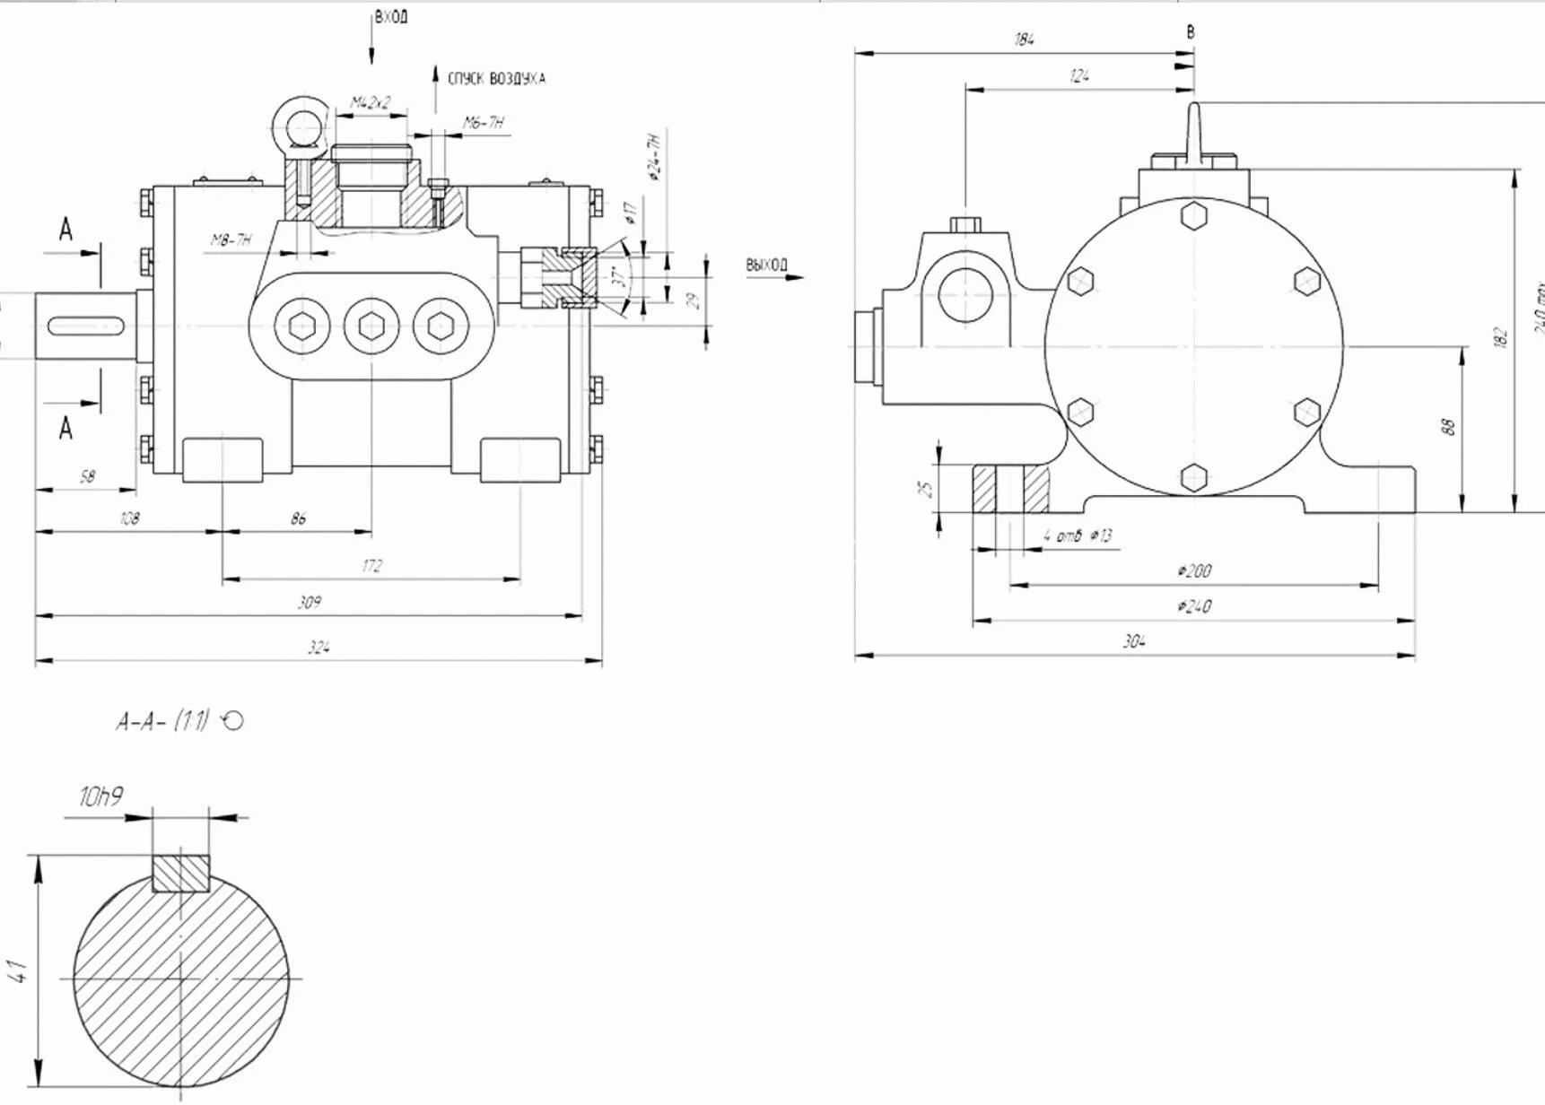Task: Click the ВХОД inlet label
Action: coord(391,17)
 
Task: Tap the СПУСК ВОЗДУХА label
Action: coord(496,79)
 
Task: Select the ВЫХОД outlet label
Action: coord(766,265)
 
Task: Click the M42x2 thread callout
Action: coord(371,103)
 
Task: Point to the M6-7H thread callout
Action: coord(484,123)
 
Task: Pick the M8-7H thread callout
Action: coord(231,239)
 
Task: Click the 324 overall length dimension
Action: coord(319,647)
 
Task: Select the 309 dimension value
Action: coord(310,602)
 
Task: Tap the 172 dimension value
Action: coord(372,566)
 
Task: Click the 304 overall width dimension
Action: coord(1134,641)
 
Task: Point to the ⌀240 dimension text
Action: coord(1194,606)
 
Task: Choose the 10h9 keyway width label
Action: coord(100,796)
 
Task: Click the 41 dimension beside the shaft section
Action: coord(19,970)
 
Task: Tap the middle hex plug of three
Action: coord(371,326)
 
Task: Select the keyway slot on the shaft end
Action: coord(86,326)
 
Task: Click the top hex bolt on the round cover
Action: coord(1194,216)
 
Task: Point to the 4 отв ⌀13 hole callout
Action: coord(1077,536)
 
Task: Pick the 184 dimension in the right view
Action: coord(1024,39)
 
